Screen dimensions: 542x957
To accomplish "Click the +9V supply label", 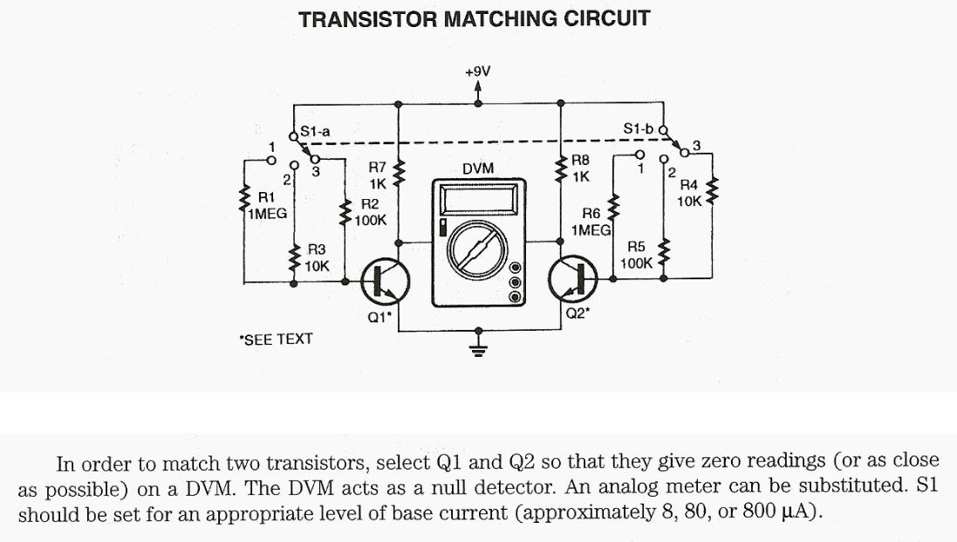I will click(477, 71).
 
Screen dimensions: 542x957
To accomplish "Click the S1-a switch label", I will click(315, 132).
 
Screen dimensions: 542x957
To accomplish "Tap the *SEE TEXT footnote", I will click(276, 339).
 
